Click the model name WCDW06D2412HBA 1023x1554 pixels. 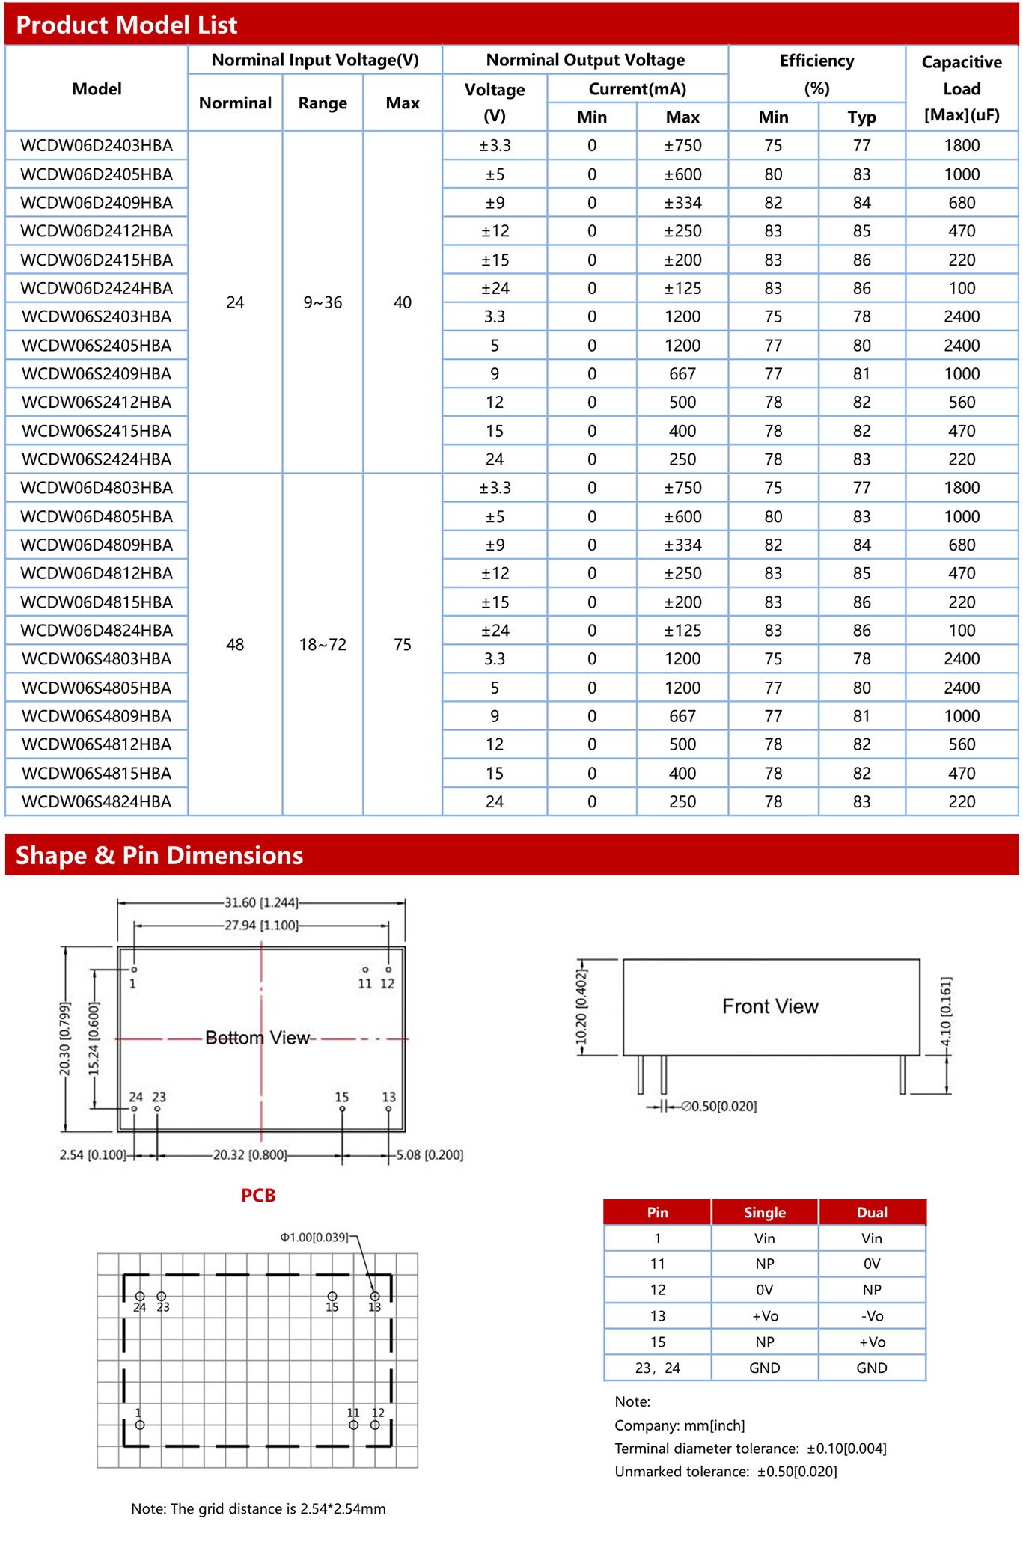[x=97, y=231]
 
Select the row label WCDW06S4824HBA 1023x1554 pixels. [x=97, y=801]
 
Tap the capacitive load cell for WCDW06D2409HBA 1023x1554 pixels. [x=961, y=203]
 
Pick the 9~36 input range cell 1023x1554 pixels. [x=323, y=302]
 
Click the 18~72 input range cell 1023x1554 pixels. [x=323, y=645]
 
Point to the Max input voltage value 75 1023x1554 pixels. [x=403, y=645]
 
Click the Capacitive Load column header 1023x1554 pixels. [x=961, y=88]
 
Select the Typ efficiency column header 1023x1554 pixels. [x=861, y=117]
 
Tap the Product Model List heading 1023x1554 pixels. [x=126, y=25]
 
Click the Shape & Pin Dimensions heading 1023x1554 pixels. [x=159, y=855]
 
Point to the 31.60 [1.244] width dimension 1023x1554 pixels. [x=261, y=903]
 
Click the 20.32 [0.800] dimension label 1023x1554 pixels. [x=250, y=1155]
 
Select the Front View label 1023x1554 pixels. [x=770, y=1006]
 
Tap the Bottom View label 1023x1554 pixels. [x=257, y=1038]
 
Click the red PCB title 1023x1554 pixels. [x=258, y=1196]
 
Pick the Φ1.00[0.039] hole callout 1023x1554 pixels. [x=314, y=1238]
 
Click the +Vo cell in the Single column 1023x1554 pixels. [x=764, y=1316]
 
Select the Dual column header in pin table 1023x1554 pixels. [x=871, y=1212]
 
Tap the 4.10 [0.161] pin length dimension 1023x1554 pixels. [x=946, y=1012]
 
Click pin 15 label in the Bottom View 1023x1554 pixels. [x=341, y=1097]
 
